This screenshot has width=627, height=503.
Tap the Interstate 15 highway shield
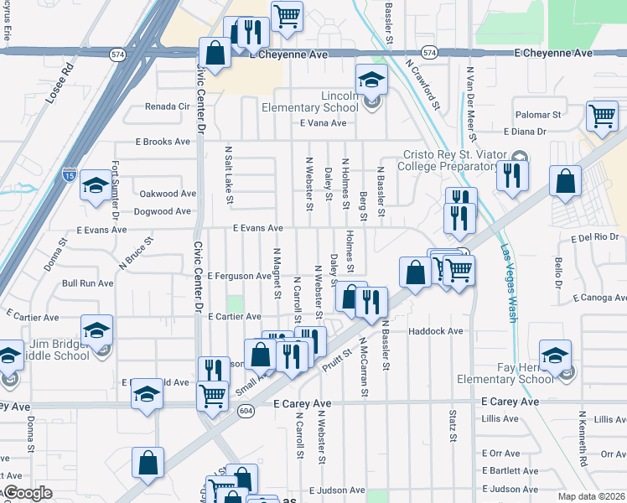[69, 176]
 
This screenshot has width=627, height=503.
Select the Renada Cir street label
[168, 106]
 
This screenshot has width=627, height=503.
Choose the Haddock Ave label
[436, 331]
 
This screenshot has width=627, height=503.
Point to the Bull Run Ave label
[87, 283]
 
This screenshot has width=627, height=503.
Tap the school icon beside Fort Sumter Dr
[96, 186]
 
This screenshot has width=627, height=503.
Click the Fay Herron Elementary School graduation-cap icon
[556, 355]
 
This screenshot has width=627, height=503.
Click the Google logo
[28, 493]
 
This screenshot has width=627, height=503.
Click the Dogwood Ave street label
[163, 214]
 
